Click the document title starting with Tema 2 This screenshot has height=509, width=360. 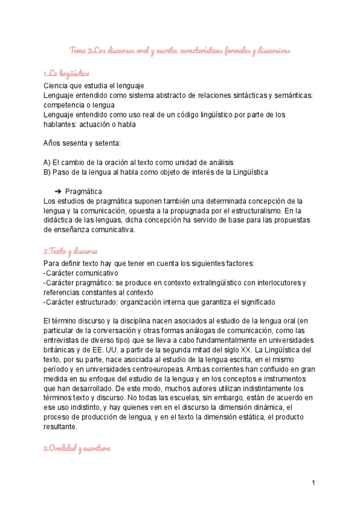pos(180,50)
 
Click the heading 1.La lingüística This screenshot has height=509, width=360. pos(66,74)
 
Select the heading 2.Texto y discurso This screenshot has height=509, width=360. pos(70,250)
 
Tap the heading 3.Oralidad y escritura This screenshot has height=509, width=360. pos(77,449)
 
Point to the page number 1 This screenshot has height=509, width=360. pos(313,483)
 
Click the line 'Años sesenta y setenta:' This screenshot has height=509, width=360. pos(82,143)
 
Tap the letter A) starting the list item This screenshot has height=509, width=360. pos(47,163)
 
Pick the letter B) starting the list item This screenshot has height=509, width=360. pos(47,172)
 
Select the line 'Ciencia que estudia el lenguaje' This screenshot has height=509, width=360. pos(94,86)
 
